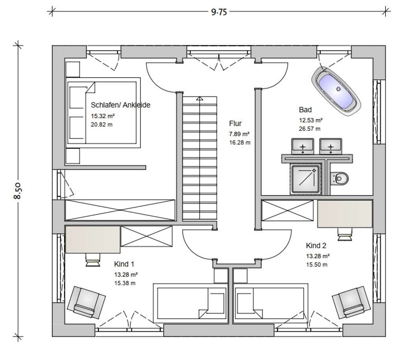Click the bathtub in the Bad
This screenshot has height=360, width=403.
pyautogui.click(x=336, y=91)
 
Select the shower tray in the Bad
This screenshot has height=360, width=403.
pyautogui.click(x=305, y=179)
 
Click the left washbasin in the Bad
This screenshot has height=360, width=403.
pyautogui.click(x=303, y=146)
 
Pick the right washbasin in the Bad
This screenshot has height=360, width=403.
pyautogui.click(x=331, y=146)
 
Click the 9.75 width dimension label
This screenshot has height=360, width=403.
pyautogui.click(x=219, y=12)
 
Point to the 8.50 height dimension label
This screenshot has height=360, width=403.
pyautogui.click(x=18, y=191)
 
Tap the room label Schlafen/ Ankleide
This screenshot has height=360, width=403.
pyautogui.click(x=120, y=105)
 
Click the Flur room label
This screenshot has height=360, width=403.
pyautogui.click(x=235, y=123)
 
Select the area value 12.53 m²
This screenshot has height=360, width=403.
pyautogui.click(x=311, y=120)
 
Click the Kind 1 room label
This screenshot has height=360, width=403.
pyautogui.click(x=124, y=264)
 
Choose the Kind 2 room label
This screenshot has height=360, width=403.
pyautogui.click(x=316, y=245)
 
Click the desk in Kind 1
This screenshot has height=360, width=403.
pyautogui.click(x=92, y=239)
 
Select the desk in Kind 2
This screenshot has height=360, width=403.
pyautogui.click(x=345, y=214)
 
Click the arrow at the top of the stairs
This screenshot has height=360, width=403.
pyautogui.click(x=200, y=98)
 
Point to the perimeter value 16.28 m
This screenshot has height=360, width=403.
pyautogui.click(x=240, y=143)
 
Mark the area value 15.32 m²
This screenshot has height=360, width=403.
pyautogui.click(x=103, y=116)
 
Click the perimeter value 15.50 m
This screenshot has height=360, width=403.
pyautogui.click(x=317, y=265)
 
